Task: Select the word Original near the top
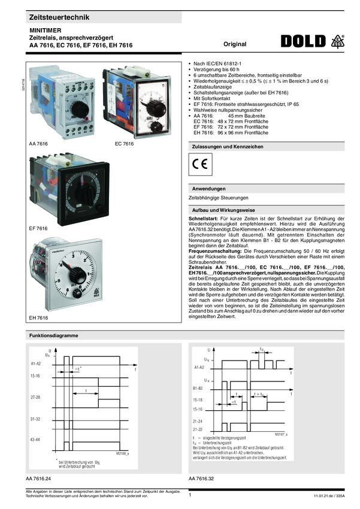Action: click(x=235, y=44)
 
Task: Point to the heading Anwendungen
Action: click(x=208, y=189)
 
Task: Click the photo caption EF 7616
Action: click(x=38, y=229)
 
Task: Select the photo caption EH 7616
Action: click(x=38, y=317)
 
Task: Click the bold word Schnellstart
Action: click(x=204, y=219)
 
